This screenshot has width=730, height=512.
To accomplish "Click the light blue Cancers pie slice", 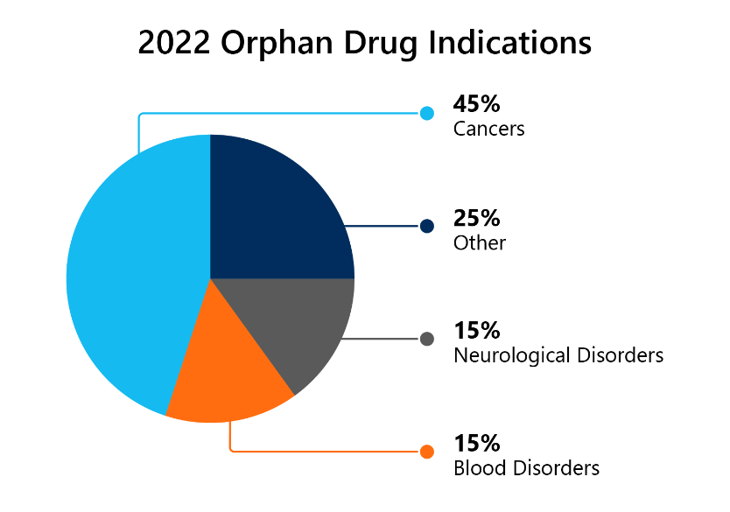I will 131,280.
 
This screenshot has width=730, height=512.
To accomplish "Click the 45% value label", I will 476,104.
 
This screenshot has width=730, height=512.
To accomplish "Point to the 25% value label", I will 476,218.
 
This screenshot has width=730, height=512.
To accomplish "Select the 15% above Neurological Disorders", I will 476,331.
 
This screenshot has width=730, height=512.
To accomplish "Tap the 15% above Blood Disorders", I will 476,443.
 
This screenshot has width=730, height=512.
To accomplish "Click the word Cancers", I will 488,129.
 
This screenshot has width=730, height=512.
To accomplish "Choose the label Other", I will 479,242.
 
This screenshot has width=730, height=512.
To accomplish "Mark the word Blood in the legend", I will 474,468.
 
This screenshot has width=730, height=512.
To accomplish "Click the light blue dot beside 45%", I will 427,113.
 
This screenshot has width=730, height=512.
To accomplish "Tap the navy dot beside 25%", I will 427,226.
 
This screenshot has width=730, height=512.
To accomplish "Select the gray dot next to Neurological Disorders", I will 427,339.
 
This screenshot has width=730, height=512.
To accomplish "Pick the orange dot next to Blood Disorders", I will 427,452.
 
